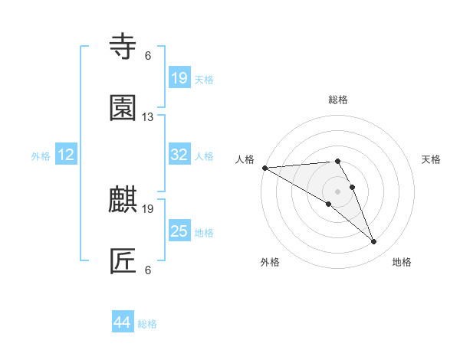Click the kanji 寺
pyautogui.click(x=123, y=47)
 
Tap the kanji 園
pyautogui.click(x=123, y=108)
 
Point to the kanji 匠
pyautogui.click(x=123, y=261)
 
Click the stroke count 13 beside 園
pyautogui.click(x=148, y=117)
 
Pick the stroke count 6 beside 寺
pyautogui.click(x=148, y=56)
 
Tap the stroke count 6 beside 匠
pyautogui.click(x=148, y=270)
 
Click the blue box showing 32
pyautogui.click(x=179, y=155)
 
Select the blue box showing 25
pyautogui.click(x=179, y=231)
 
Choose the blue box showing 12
pyautogui.click(x=66, y=155)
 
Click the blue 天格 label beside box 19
pyautogui.click(x=204, y=79)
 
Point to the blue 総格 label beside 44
pyautogui.click(x=147, y=324)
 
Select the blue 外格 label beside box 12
pyautogui.click(x=41, y=155)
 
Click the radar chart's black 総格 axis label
pyautogui.click(x=338, y=100)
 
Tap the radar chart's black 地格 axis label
pyautogui.click(x=402, y=262)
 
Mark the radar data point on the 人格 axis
pyautogui.click(x=264, y=168)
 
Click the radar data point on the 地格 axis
pyautogui.click(x=374, y=242)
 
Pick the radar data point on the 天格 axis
pyautogui.click(x=353, y=187)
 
